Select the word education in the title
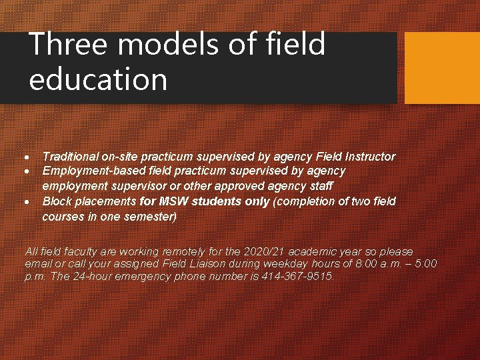pyautogui.click(x=98, y=79)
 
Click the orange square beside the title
pyautogui.click(x=442, y=68)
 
